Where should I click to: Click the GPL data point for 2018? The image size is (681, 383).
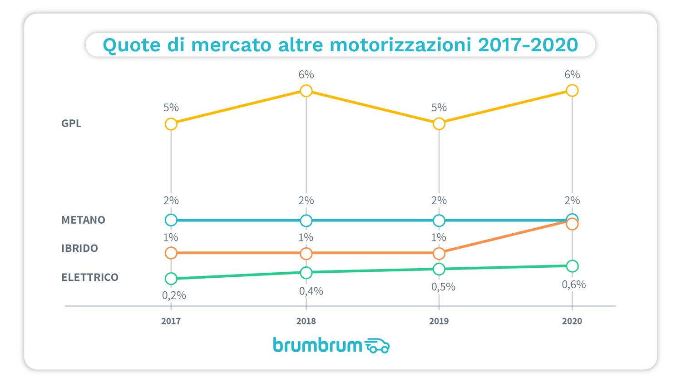[x=306, y=91]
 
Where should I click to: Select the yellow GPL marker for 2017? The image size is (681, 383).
[x=171, y=124]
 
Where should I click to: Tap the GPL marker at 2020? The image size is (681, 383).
[x=572, y=91]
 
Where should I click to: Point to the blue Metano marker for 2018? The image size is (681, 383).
[x=306, y=221]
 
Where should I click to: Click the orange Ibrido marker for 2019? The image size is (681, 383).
[x=439, y=253]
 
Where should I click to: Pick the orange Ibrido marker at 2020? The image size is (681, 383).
[x=572, y=224]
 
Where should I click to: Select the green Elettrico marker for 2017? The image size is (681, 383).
[x=171, y=279]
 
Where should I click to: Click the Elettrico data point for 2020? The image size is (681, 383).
[x=572, y=266]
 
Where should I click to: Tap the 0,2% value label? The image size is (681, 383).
[x=174, y=295]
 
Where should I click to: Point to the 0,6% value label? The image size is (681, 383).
[x=574, y=285]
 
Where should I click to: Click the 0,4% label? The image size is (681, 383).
[x=311, y=291]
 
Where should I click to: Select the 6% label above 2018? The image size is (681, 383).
[x=306, y=74]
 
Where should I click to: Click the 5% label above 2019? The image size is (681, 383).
[x=439, y=108]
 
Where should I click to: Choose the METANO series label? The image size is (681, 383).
[x=83, y=220]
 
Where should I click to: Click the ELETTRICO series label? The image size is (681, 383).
[x=90, y=277]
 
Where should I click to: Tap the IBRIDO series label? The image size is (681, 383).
[x=79, y=249]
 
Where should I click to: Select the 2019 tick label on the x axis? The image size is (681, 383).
[x=439, y=321]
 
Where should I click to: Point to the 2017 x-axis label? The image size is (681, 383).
[x=171, y=321]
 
